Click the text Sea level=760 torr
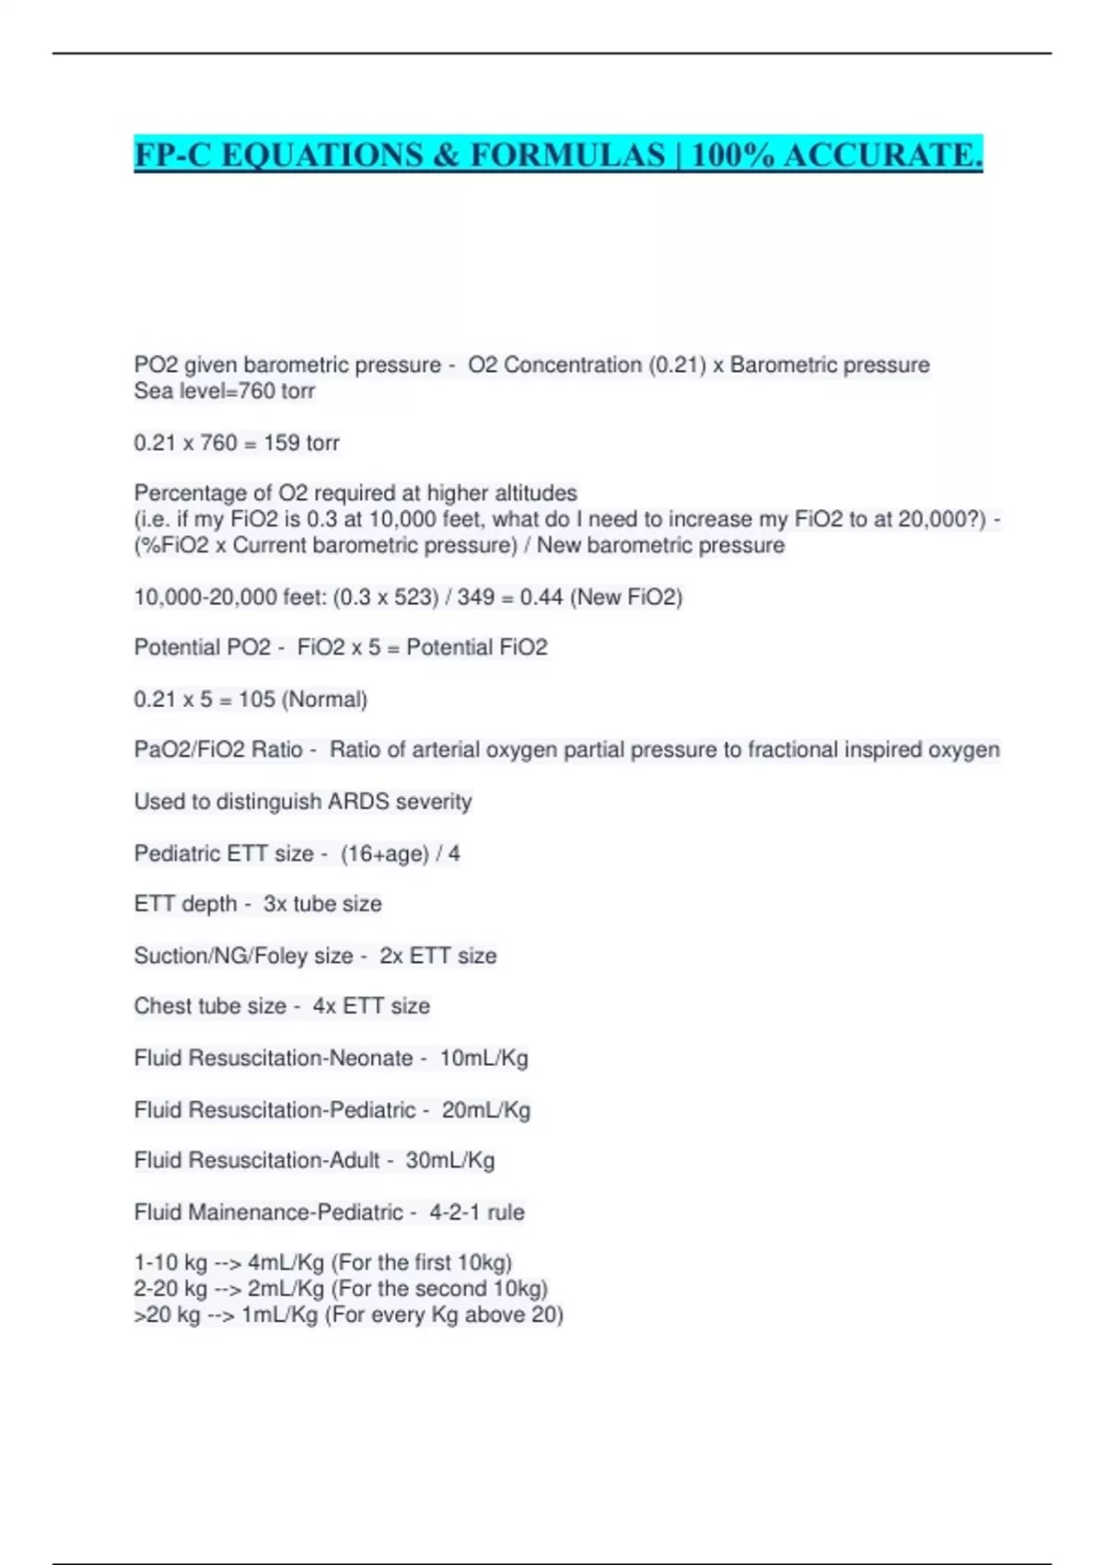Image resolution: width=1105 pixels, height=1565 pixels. coord(225,391)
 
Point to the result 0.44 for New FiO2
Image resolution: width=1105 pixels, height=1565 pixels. coord(541,597)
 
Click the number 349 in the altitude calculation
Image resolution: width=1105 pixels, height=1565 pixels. coord(475,597)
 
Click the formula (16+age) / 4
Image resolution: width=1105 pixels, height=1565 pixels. coord(401,854)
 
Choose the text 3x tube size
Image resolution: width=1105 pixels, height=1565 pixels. coord(322,904)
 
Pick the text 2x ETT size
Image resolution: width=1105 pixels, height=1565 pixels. coord(438,956)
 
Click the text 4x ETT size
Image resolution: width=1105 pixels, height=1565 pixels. coord(371,1006)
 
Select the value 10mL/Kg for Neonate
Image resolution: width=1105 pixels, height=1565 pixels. coord(483,1059)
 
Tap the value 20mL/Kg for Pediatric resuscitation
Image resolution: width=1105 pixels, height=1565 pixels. coord(486,1110)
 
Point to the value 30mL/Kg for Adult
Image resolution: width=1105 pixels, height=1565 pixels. coord(450,1160)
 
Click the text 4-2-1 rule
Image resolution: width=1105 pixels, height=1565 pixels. coord(477,1212)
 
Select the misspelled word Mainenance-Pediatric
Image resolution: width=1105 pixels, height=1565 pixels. coord(296,1212)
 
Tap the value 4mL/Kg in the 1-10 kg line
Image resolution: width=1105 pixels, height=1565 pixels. coord(285,1263)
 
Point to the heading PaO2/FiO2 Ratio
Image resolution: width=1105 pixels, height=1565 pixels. coord(218,750)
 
